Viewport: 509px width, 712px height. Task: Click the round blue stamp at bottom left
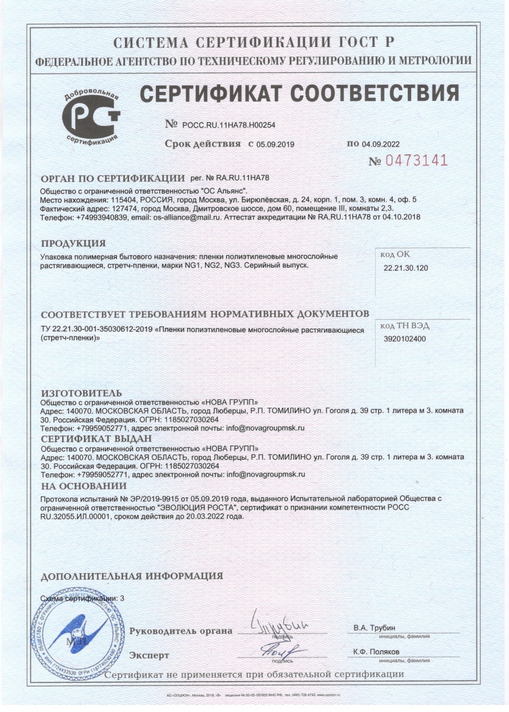tap(75, 630)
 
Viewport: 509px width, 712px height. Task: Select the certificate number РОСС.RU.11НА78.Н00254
tap(229, 125)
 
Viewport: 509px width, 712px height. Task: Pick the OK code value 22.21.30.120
tap(406, 268)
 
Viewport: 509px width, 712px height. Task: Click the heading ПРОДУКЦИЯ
tap(73, 243)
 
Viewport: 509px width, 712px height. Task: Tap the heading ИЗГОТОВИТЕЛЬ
tap(81, 393)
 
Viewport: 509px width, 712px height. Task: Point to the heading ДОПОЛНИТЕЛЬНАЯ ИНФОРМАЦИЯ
tap(132, 576)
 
